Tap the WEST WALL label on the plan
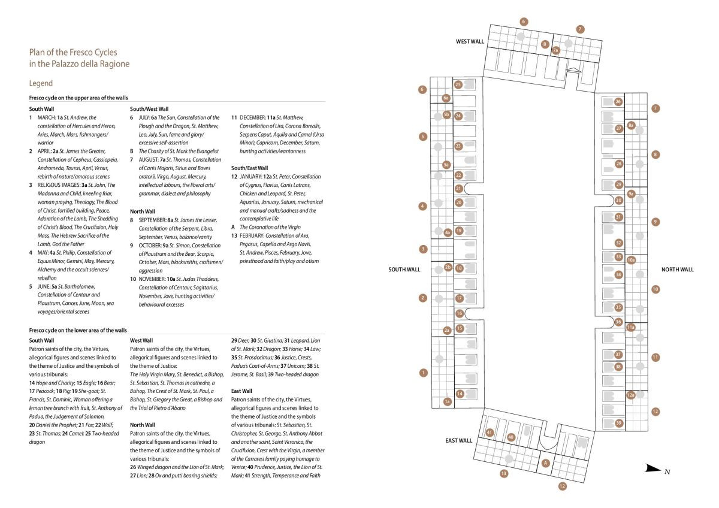[470, 41]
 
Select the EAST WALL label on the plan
[459, 440]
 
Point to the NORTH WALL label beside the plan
[677, 270]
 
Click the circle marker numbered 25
[458, 84]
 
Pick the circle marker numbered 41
[490, 433]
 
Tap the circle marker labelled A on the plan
[545, 462]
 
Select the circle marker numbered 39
[619, 423]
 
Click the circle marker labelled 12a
[631, 395]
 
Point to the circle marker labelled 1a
[447, 401]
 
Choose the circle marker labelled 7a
[555, 51]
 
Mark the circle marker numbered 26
[618, 102]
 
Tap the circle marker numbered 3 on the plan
[423, 249]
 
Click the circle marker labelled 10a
[631, 260]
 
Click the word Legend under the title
[41, 83]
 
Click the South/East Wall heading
[249, 168]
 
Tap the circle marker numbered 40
[511, 437]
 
